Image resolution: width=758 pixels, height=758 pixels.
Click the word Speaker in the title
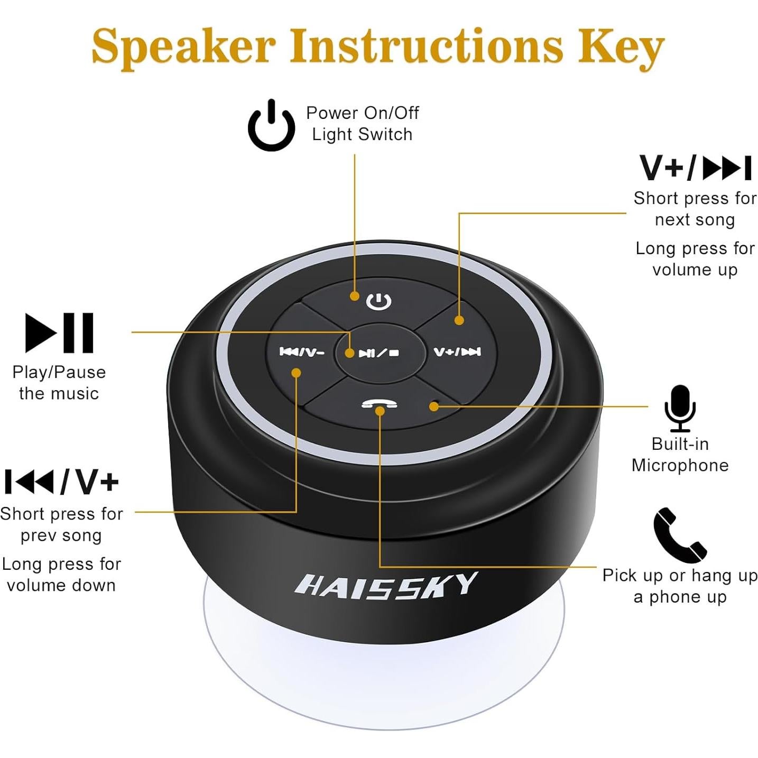click(x=183, y=47)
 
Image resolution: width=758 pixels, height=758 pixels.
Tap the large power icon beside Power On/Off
click(x=272, y=126)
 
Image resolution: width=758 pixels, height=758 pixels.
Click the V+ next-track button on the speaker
click(x=457, y=352)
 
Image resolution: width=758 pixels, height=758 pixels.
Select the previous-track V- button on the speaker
click(x=301, y=352)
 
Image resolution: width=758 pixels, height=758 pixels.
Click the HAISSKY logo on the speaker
click(x=385, y=586)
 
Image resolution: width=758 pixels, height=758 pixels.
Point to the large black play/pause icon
click(x=60, y=333)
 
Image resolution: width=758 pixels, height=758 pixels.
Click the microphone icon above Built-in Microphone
click(x=680, y=408)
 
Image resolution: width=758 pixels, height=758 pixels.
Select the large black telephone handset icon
click(x=680, y=535)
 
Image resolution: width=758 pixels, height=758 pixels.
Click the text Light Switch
click(x=362, y=135)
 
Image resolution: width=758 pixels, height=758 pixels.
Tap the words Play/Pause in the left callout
click(x=59, y=373)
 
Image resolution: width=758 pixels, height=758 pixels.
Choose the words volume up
click(x=695, y=270)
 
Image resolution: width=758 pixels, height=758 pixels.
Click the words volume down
click(x=61, y=586)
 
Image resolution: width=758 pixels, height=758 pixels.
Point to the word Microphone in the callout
click(x=680, y=466)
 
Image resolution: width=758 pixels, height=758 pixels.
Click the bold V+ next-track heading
click(x=695, y=169)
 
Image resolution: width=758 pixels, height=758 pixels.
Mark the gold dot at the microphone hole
click(x=434, y=406)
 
